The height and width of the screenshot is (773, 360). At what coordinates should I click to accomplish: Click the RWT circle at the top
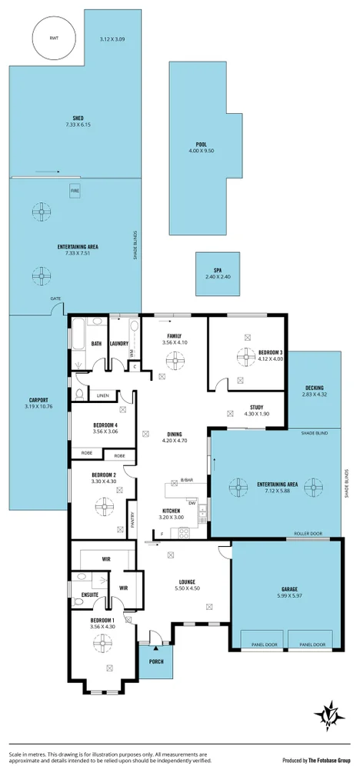tap(53, 36)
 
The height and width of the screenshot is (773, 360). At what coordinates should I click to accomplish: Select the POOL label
tap(201, 144)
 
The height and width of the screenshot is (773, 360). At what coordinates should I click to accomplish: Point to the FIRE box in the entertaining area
tap(75, 188)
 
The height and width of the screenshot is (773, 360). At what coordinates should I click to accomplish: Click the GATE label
tap(55, 298)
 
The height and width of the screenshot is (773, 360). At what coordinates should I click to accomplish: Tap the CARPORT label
tap(39, 400)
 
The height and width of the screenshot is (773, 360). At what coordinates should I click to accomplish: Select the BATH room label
tap(97, 343)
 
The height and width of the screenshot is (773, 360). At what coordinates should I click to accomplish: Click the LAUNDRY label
tap(119, 343)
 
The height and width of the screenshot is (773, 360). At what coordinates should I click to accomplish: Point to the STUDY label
tap(257, 408)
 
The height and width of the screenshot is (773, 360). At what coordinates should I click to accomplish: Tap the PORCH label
tap(155, 660)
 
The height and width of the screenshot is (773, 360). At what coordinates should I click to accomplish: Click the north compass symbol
tap(328, 716)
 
